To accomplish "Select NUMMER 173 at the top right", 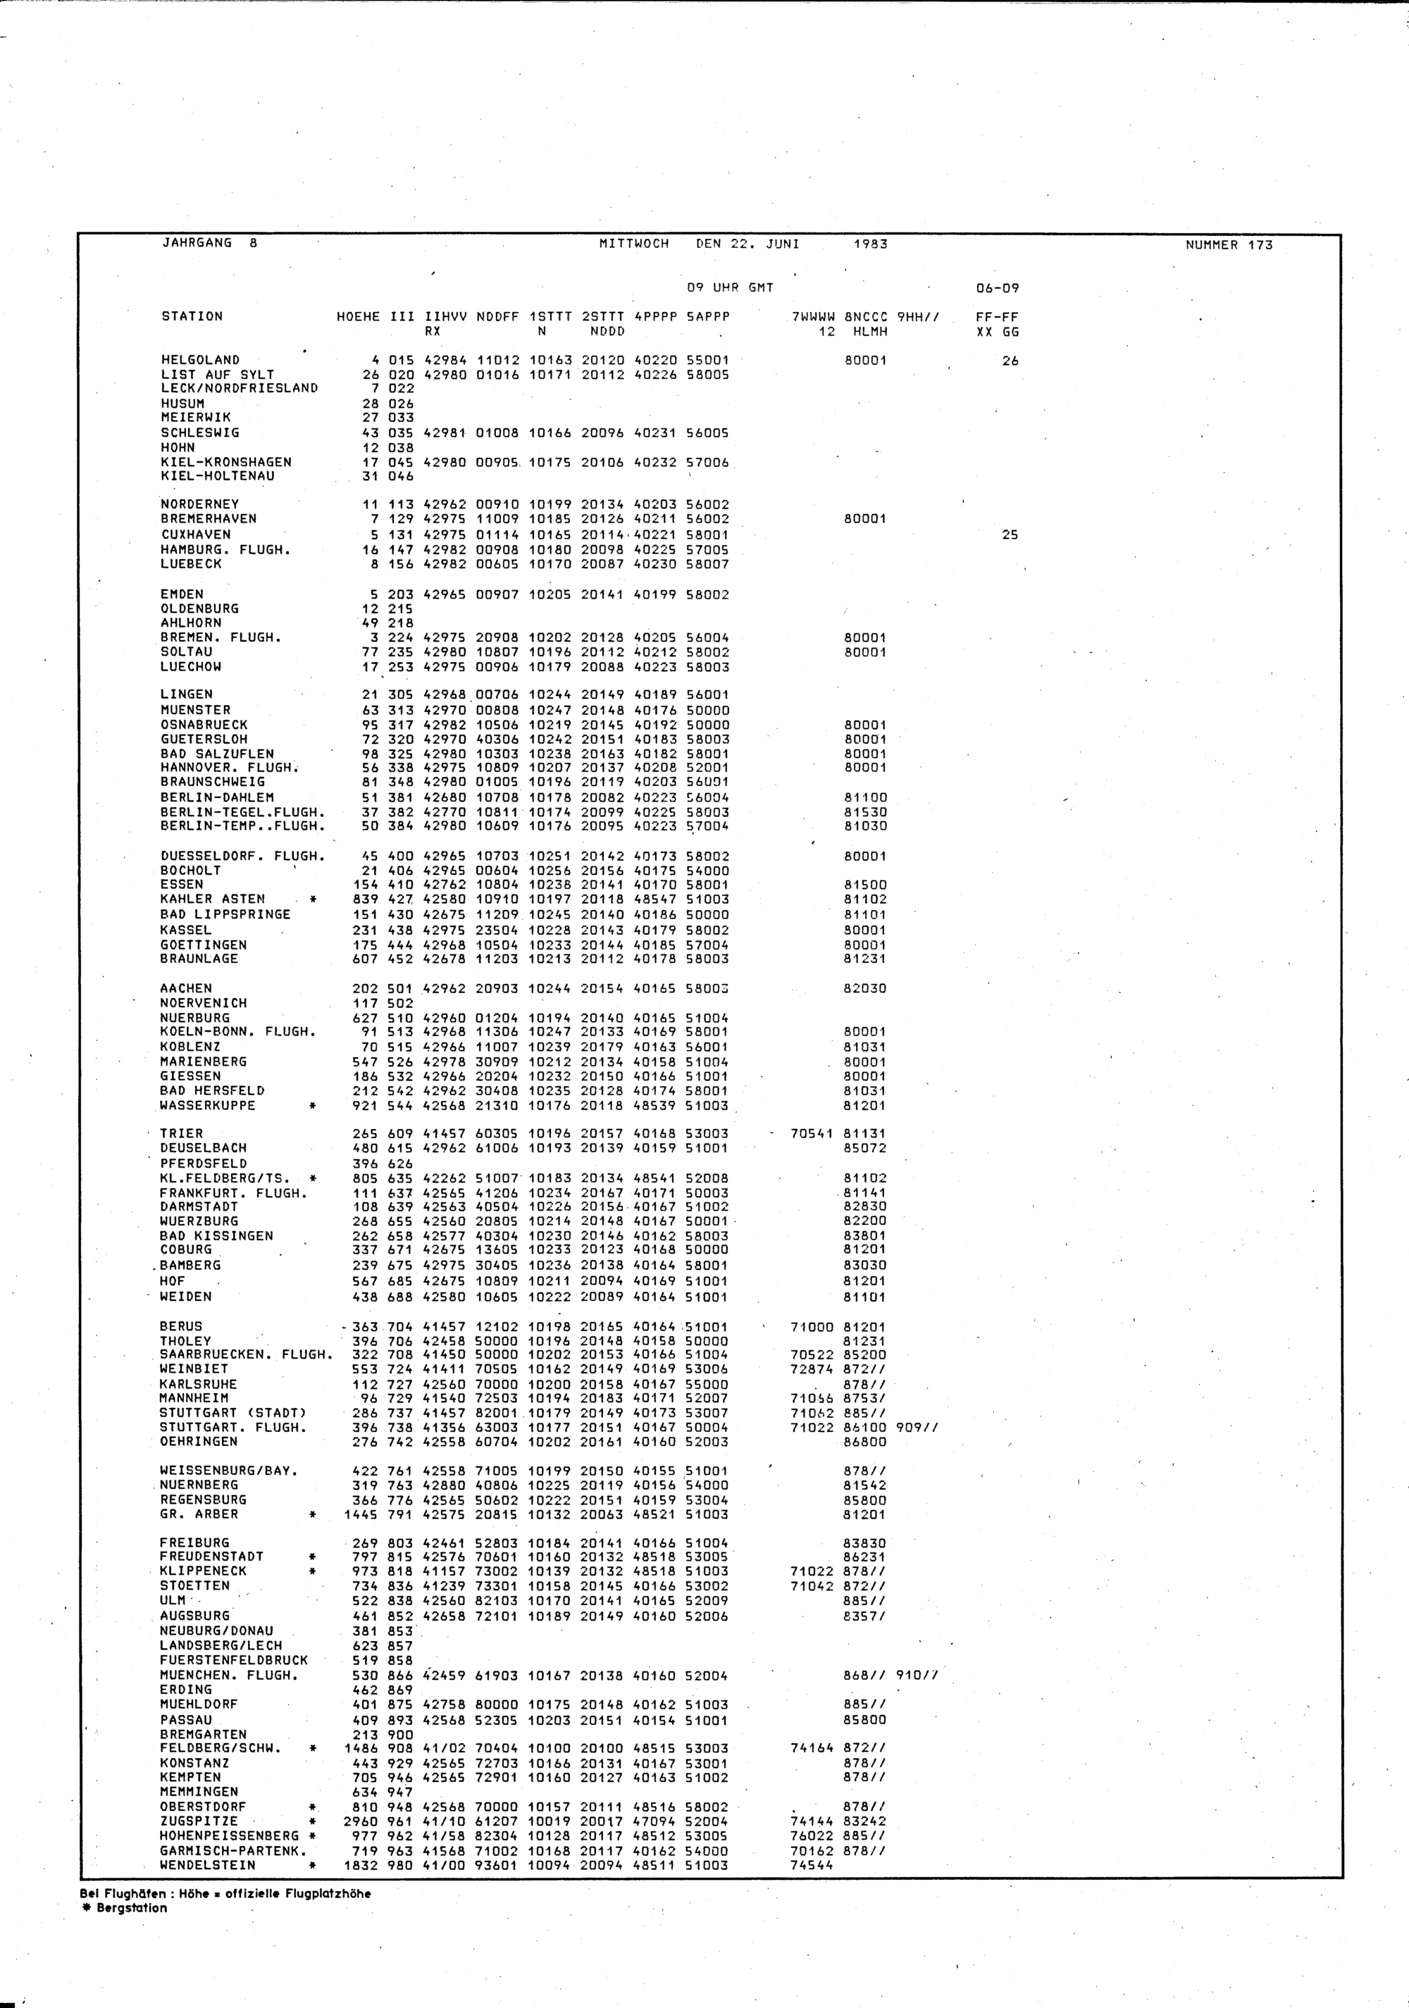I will (x=1229, y=245).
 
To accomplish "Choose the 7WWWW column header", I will (x=814, y=317).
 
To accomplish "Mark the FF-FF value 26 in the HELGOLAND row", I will (x=1010, y=361).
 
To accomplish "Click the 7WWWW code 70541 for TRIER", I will (x=812, y=1133).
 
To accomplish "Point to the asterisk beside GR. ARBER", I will (x=312, y=1514).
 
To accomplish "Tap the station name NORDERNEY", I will (x=199, y=504).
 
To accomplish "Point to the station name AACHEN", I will (x=185, y=988).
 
